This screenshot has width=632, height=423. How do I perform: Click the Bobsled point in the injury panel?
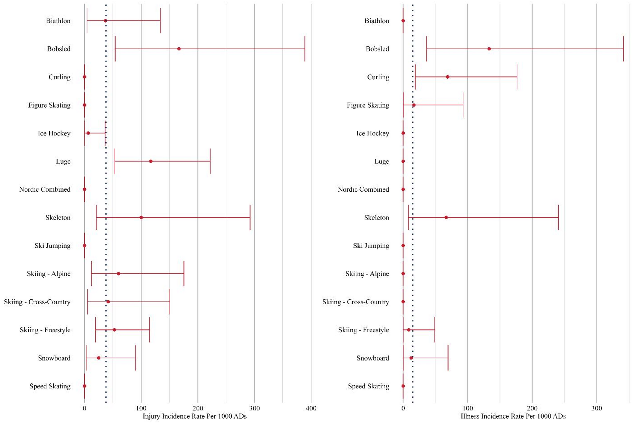pos(179,49)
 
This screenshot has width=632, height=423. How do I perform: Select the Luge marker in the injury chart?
pos(151,161)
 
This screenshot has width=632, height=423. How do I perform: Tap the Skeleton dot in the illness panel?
pos(446,217)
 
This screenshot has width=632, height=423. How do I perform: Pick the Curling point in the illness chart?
pos(448,77)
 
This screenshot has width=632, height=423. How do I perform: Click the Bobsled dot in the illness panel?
pos(489,49)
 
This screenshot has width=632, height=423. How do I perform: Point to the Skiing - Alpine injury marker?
pos(118,274)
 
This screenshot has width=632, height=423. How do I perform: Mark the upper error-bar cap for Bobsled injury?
pos(305,49)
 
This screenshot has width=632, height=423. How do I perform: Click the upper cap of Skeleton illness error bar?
pos(558,217)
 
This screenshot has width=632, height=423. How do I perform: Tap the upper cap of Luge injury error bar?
pos(210,161)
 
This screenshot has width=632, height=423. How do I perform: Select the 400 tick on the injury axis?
pos(311,408)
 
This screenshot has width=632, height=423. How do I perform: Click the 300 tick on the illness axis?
pos(596,408)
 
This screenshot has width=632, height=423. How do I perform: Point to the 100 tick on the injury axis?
pos(141,408)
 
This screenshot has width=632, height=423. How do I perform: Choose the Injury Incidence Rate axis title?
pos(195,416)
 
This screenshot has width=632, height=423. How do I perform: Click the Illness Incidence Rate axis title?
pos(513,416)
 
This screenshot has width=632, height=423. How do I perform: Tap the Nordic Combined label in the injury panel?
pos(45,189)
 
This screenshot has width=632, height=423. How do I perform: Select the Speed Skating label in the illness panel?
pos(369,386)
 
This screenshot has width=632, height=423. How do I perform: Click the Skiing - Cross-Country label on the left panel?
pos(37,302)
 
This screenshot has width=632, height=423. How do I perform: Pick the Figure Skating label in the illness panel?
pos(368,105)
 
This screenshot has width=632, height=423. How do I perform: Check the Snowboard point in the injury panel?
pos(99,358)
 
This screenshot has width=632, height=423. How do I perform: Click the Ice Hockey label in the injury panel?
pos(54,133)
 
